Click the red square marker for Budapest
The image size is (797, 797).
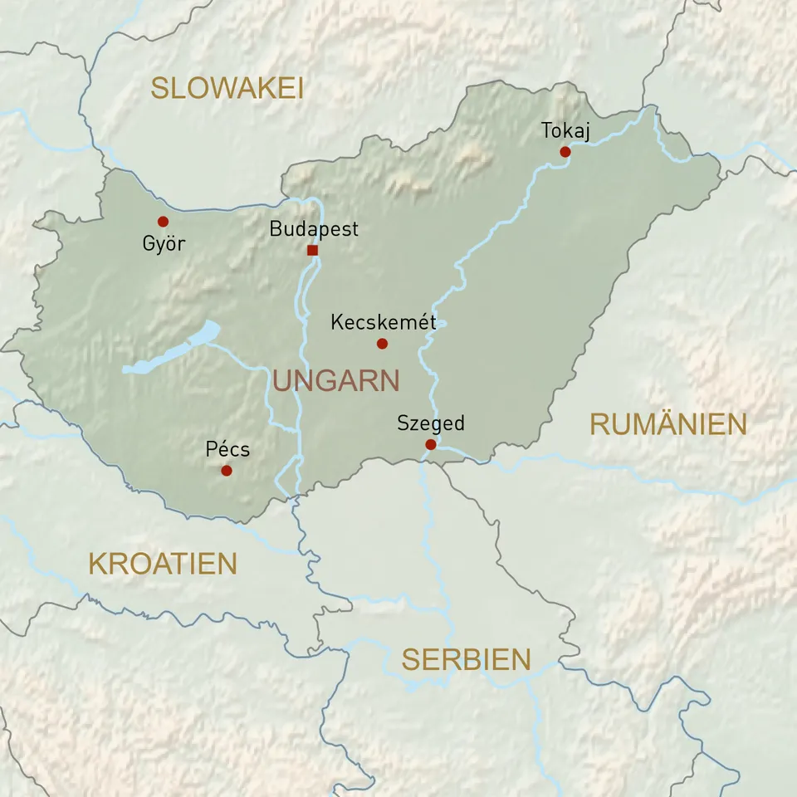[312, 250]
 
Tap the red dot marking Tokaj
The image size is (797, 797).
[565, 152]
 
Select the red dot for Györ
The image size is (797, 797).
[163, 222]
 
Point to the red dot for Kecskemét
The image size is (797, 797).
[382, 344]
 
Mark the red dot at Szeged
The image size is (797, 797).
[430, 445]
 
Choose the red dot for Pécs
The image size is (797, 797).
[227, 471]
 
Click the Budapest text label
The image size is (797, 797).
[314, 229]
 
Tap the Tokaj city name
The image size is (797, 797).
[565, 131]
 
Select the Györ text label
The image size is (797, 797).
[164, 244]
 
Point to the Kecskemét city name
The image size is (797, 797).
[383, 322]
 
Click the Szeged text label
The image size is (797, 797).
[430, 423]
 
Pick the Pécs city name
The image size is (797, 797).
[227, 450]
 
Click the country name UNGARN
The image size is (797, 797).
[336, 381]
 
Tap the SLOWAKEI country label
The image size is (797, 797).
[227, 88]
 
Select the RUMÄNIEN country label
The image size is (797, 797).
[668, 424]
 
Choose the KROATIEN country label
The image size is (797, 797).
[163, 564]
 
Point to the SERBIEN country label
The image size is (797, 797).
[466, 660]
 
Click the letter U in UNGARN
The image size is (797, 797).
[283, 381]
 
